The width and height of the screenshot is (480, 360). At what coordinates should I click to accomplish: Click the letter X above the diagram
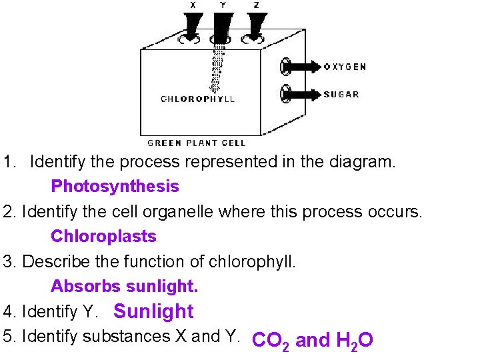click(193, 5)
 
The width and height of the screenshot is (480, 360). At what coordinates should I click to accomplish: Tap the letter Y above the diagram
click(223, 5)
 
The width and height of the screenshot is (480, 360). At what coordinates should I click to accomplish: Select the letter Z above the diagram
click(256, 5)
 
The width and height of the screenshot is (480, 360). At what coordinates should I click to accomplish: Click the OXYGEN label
click(345, 67)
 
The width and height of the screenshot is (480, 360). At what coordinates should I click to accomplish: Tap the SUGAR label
click(341, 94)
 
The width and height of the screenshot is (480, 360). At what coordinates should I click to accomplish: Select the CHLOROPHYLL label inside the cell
click(198, 99)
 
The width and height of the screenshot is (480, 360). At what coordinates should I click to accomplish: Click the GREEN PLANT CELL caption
click(197, 143)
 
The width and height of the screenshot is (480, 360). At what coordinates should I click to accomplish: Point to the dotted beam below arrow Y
click(217, 67)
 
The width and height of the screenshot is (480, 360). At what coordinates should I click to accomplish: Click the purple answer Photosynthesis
click(115, 186)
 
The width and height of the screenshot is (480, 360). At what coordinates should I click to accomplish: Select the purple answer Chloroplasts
click(103, 236)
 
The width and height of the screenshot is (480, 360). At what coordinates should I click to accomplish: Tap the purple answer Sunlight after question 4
click(153, 311)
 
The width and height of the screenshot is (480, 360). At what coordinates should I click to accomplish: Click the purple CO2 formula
click(270, 341)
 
